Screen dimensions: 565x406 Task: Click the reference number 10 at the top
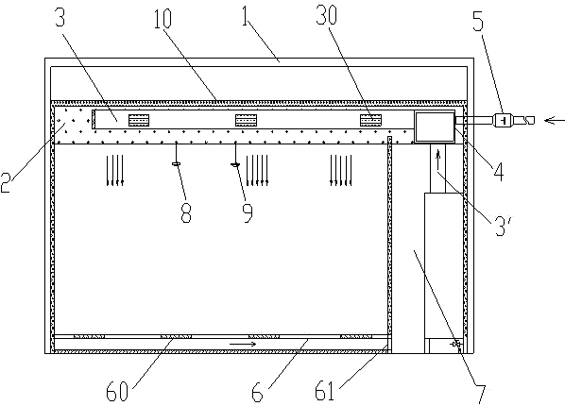click(163, 19)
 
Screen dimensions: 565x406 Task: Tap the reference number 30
click(327, 15)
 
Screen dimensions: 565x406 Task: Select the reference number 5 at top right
click(478, 22)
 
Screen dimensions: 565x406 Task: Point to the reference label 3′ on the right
click(502, 226)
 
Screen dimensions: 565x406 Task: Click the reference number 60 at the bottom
click(117, 392)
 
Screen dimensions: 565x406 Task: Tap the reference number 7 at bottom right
click(481, 395)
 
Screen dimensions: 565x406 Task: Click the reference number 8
click(186, 212)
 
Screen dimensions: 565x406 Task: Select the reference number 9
click(248, 212)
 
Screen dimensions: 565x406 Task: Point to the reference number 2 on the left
click(6, 182)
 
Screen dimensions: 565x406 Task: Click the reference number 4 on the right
click(499, 171)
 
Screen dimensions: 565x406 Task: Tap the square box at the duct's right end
click(435, 127)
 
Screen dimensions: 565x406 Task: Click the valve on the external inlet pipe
click(504, 120)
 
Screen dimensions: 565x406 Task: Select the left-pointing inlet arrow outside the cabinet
click(555, 120)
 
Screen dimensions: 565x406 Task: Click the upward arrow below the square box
click(438, 160)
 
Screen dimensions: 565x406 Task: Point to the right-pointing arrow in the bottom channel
click(243, 344)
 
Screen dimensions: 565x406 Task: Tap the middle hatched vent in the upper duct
click(246, 120)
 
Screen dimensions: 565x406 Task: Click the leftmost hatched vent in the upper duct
click(139, 120)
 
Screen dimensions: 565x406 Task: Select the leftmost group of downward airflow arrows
click(115, 170)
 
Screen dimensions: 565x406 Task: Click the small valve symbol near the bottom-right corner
click(456, 345)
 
